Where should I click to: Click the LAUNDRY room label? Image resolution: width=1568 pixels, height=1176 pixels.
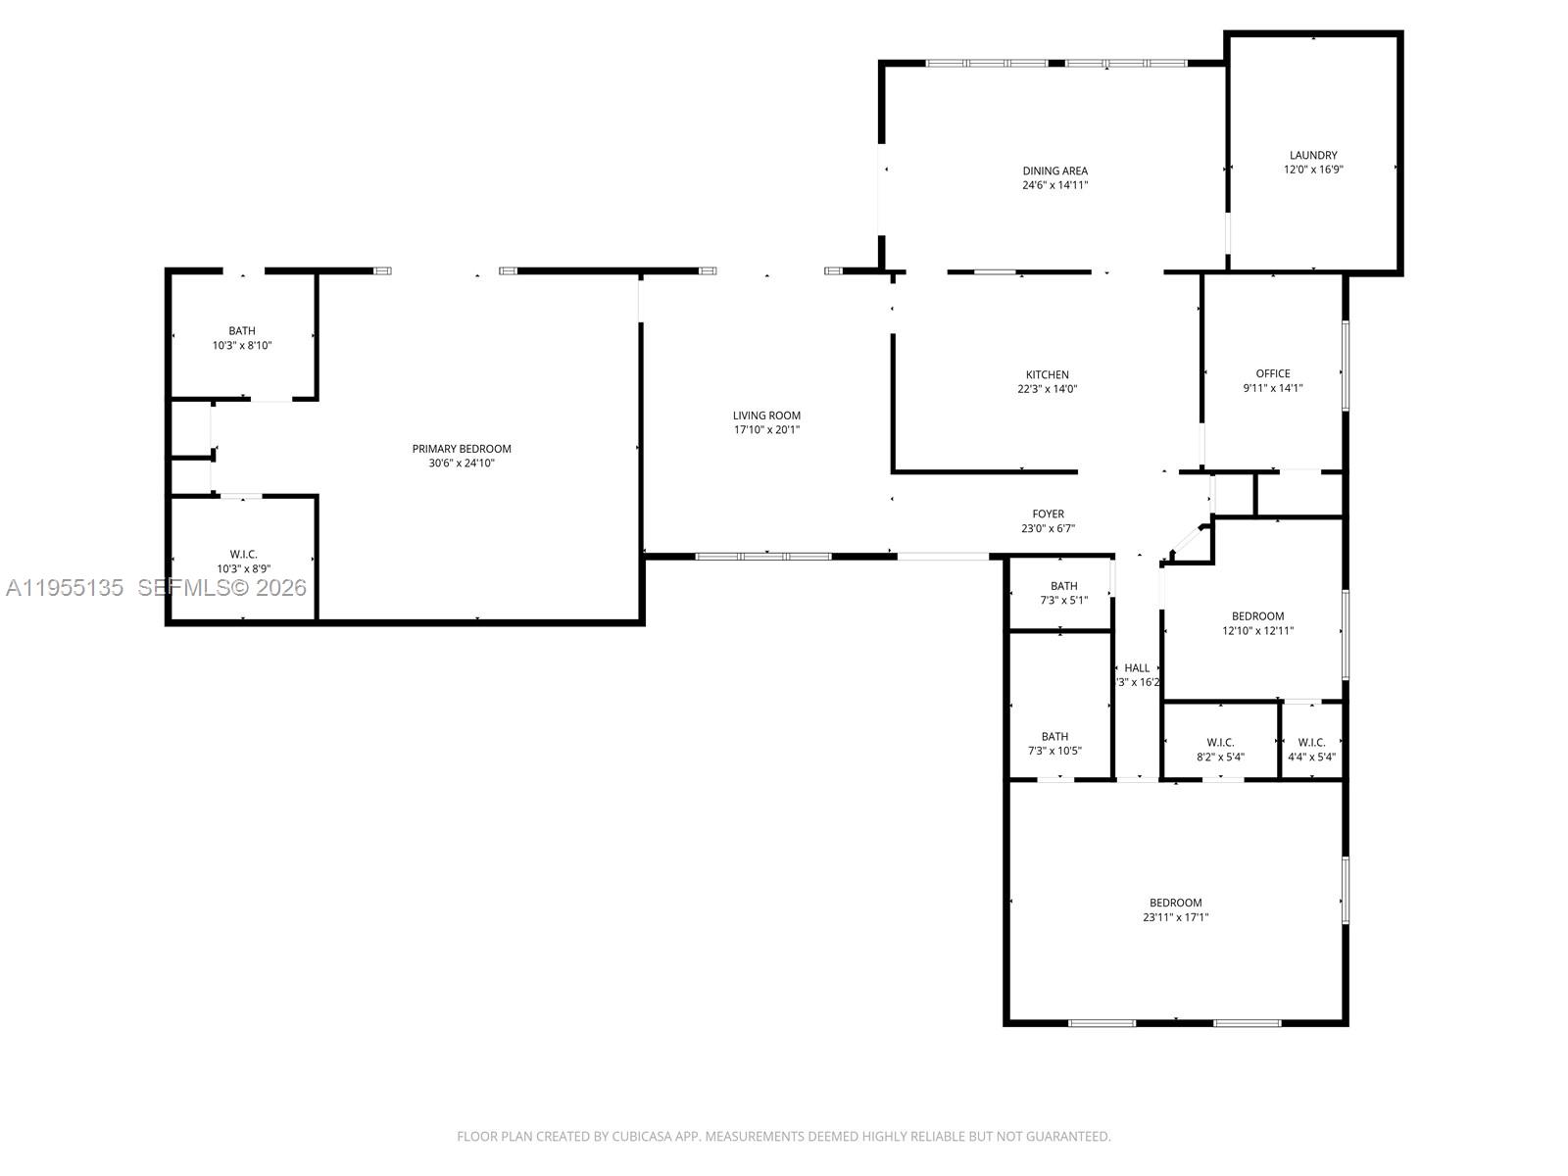click(1313, 155)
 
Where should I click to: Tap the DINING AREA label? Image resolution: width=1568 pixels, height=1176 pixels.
click(1054, 171)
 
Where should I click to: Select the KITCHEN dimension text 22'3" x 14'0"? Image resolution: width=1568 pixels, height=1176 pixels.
click(1047, 389)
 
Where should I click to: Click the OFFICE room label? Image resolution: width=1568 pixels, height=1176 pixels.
click(1273, 373)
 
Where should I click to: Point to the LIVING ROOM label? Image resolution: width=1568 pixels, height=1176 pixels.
click(766, 416)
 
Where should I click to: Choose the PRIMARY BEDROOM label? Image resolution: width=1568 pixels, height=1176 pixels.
click(462, 449)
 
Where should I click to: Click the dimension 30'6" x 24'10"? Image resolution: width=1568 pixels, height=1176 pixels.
click(462, 464)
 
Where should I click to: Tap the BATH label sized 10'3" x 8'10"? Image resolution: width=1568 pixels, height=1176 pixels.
click(242, 331)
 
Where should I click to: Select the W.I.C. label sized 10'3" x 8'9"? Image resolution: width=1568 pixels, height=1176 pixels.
click(243, 555)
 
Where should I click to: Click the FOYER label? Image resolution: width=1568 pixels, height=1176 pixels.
click(1048, 514)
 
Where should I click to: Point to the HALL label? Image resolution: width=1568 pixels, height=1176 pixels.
click(1137, 668)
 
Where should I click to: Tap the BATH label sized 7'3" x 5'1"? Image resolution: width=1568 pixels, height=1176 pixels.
click(1063, 586)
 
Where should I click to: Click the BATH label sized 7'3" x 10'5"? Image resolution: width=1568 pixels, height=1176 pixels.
click(1054, 737)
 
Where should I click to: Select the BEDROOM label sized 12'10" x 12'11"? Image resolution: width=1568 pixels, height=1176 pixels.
click(1257, 616)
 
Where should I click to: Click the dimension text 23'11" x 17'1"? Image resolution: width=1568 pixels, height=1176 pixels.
click(1175, 918)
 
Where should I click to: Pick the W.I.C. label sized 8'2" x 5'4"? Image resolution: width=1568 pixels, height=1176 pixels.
click(1220, 743)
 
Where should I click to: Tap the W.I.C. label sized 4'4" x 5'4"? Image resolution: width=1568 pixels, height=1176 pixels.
click(1311, 743)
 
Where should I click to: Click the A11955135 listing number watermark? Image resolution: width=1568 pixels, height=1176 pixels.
click(65, 588)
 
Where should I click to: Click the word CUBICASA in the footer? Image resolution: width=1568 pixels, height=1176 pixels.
click(645, 1137)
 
